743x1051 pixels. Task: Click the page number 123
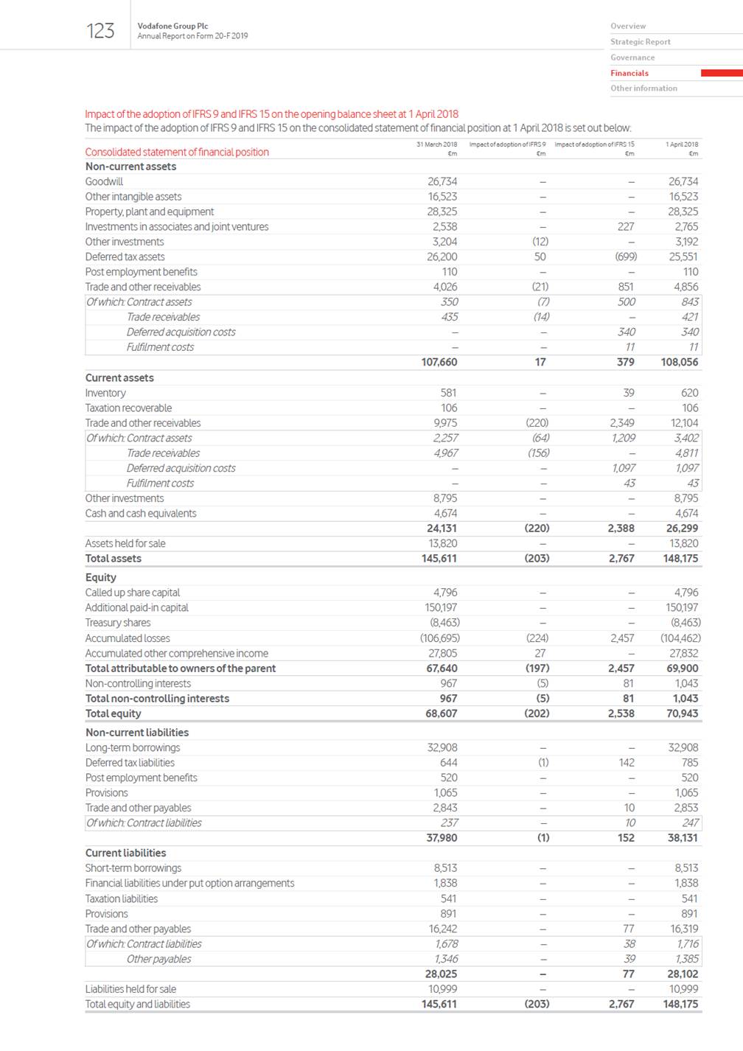[x=100, y=31]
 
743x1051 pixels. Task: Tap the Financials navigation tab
[x=629, y=73]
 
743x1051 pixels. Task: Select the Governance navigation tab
[x=632, y=57]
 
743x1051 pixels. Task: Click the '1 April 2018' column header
[x=682, y=144]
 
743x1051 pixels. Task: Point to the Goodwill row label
[x=104, y=181]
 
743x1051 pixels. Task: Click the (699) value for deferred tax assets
[x=626, y=256]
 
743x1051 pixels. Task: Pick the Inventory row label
[x=105, y=393]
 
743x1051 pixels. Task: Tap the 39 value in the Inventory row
[x=629, y=393]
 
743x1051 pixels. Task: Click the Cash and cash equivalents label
[x=141, y=513]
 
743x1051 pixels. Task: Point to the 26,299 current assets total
[x=682, y=528]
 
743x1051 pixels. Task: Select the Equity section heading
[x=101, y=577]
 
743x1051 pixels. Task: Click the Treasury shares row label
[x=118, y=622]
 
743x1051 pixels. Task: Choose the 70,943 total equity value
[x=682, y=713]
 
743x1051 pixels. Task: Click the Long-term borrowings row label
[x=133, y=747]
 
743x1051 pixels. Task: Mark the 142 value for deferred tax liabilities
[x=627, y=762]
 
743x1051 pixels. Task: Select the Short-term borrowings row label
[x=133, y=867]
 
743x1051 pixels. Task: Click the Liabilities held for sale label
[x=130, y=988]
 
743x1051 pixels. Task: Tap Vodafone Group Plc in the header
[x=172, y=26]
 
